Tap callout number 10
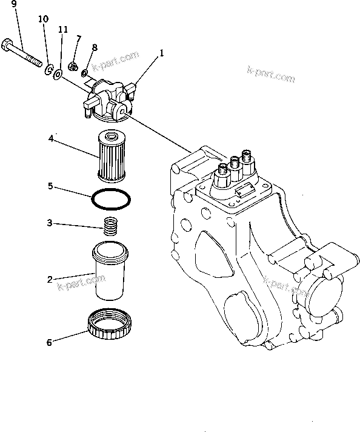pos(43,19)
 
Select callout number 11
pos(62,29)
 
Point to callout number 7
pos(79,39)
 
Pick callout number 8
pos(95,47)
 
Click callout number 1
pos(162,54)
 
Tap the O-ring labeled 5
pos(111,200)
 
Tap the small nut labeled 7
pos(72,66)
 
